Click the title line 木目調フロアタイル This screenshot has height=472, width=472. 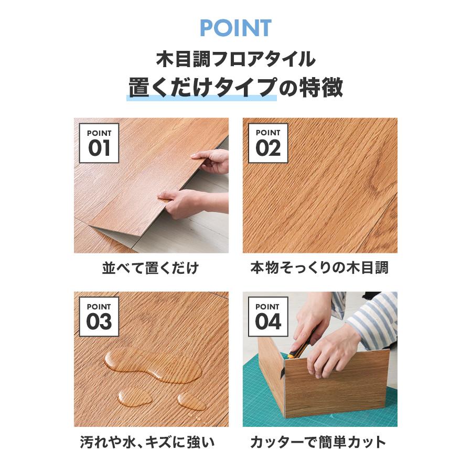235,59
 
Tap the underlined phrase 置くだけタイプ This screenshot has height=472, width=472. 202,88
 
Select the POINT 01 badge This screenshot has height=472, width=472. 99,143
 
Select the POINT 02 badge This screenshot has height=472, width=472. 267,143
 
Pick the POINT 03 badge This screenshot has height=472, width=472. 99,317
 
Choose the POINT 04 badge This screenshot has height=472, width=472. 267,317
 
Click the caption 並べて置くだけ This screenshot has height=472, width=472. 151,269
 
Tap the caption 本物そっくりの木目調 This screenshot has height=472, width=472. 319,269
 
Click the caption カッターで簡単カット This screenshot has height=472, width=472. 319,442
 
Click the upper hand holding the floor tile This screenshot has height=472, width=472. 212,161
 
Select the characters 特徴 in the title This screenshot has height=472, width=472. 321,88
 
